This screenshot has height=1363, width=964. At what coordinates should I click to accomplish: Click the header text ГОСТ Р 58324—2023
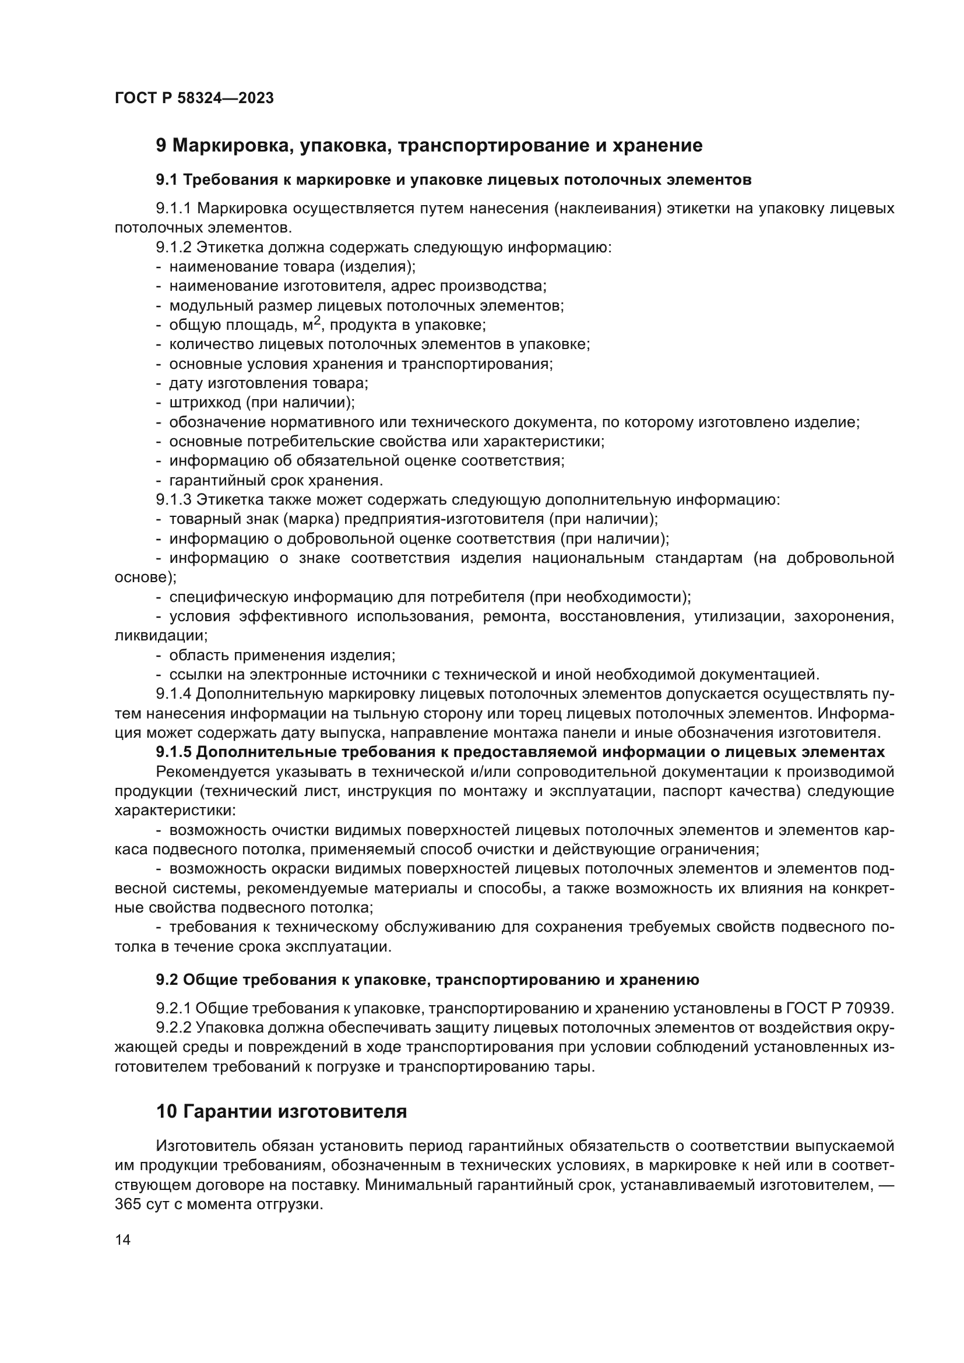point(194,98)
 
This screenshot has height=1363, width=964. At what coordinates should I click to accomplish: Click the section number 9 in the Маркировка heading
point(161,146)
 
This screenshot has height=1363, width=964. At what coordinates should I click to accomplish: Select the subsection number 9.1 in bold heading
point(166,180)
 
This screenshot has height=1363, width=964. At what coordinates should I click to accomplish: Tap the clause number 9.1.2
point(173,248)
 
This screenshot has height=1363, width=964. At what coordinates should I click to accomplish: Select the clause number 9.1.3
point(173,500)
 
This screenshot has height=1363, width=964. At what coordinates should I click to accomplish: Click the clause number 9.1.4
point(173,693)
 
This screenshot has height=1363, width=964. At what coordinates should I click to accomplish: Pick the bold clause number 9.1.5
point(173,752)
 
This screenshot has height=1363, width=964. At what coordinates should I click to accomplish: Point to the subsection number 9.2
point(167,980)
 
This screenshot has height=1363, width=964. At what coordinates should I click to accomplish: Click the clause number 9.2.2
point(173,1027)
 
